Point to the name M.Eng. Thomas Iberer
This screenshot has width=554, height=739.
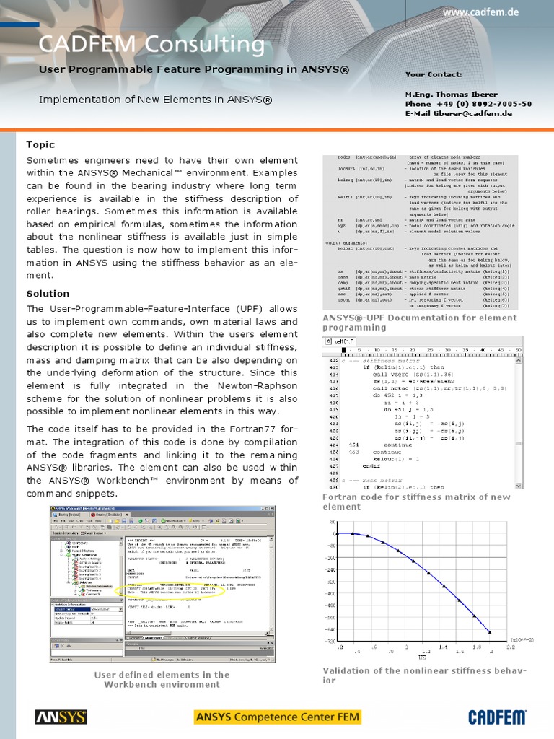451,95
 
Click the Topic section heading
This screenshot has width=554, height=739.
40,145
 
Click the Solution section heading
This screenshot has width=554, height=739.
48,294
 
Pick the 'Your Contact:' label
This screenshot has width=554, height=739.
434,74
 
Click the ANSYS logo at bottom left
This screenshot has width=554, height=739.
61,717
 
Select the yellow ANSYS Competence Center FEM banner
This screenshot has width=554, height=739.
277,717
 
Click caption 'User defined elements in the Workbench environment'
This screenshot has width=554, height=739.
162,679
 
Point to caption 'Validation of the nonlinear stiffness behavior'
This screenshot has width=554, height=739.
424,675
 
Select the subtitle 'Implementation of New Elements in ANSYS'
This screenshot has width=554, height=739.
156,99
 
